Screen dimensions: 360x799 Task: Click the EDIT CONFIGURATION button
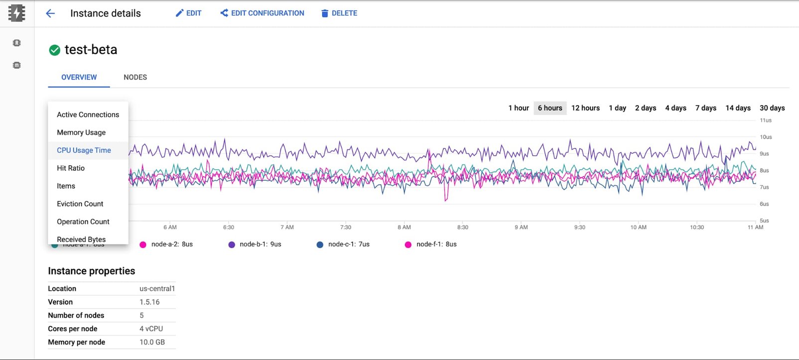(x=262, y=13)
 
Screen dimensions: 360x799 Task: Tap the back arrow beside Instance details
(x=50, y=13)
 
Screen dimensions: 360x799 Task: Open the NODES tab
(x=135, y=77)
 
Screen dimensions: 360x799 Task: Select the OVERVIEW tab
(x=79, y=77)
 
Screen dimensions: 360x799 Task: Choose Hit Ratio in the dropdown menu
(x=71, y=168)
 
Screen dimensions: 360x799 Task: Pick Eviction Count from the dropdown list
(x=80, y=204)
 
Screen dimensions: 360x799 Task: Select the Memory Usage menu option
(x=81, y=132)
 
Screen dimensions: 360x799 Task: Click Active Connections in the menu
(x=88, y=115)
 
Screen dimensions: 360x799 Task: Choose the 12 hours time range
(x=585, y=108)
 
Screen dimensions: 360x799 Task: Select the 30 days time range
(x=772, y=108)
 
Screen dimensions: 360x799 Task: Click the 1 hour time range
(x=519, y=108)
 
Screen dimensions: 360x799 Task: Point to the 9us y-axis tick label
(x=764, y=154)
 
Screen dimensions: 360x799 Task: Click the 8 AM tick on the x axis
(x=404, y=227)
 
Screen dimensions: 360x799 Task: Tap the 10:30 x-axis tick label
(x=697, y=227)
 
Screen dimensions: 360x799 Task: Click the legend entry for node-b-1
(x=255, y=244)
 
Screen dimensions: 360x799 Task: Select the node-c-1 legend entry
(x=343, y=244)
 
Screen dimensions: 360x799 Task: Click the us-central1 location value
(x=157, y=289)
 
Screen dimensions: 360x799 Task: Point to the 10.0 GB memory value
(x=152, y=342)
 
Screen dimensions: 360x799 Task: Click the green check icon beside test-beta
(x=55, y=50)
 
